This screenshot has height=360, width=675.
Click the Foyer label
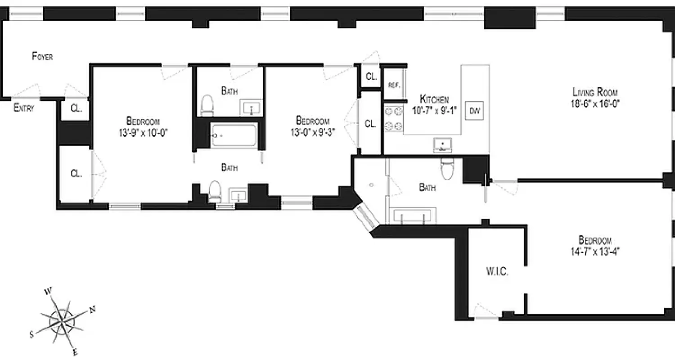click(43, 57)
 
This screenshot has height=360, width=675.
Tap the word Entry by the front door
click(24, 108)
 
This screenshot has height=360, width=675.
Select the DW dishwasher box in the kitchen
click(474, 111)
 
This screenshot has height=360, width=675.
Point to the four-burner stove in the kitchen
click(393, 118)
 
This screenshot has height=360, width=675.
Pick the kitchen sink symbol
click(442, 144)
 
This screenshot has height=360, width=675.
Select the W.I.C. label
click(497, 272)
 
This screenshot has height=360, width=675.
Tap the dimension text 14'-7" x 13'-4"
click(595, 251)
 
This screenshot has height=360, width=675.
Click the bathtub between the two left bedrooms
click(234, 135)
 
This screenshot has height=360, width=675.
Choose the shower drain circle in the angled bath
click(372, 184)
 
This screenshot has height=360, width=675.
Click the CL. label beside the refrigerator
click(371, 76)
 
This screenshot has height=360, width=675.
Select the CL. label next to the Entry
click(76, 109)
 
